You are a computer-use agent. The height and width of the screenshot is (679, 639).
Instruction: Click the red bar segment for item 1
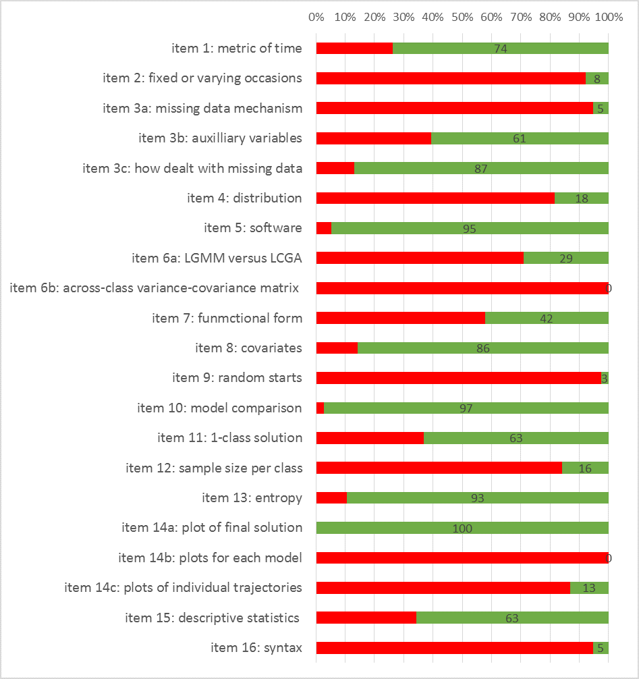pos(354,48)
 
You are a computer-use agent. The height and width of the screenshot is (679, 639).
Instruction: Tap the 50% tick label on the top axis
pos(462,16)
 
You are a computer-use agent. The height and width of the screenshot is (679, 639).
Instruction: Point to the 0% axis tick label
pos(316,16)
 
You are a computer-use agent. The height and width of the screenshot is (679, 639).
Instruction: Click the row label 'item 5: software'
pos(253,227)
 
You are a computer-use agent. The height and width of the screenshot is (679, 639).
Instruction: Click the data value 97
pos(466,408)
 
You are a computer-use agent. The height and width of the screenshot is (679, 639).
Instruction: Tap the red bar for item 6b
pos(462,288)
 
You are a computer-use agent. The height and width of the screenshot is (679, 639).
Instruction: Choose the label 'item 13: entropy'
pos(252,497)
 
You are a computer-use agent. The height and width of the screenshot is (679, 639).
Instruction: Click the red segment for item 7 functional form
pos(400,318)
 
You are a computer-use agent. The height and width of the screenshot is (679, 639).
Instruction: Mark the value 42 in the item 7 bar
pos(547,319)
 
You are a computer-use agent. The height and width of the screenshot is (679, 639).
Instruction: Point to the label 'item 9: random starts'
pos(237,377)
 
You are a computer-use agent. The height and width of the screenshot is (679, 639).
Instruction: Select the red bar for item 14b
pos(462,558)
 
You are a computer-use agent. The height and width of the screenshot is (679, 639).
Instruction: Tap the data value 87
pos(480,169)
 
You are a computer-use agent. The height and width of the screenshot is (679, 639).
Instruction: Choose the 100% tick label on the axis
pos(609,16)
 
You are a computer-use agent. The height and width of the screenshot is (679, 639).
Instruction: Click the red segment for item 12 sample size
pos(439,468)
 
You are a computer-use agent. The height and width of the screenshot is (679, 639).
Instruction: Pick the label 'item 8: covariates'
pos(248,348)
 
